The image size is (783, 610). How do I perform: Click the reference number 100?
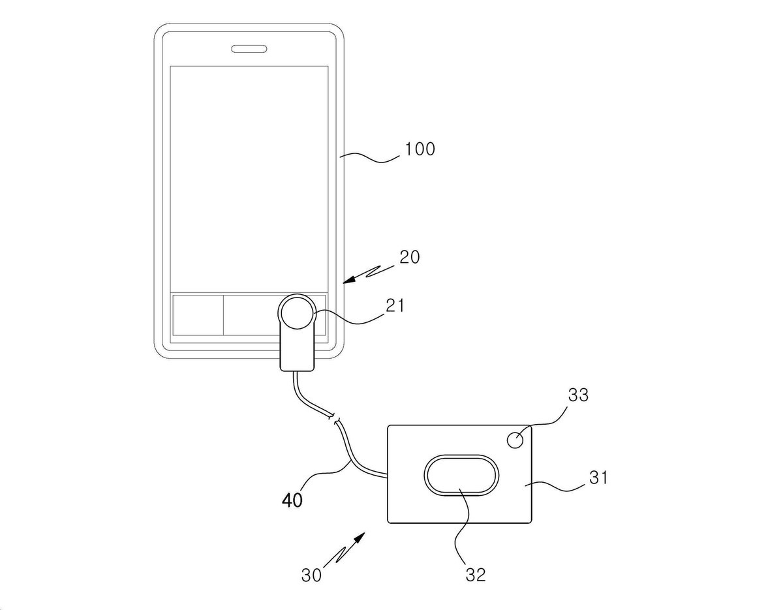coord(420,149)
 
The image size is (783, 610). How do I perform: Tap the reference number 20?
coord(409,257)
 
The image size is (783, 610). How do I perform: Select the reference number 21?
coord(395,305)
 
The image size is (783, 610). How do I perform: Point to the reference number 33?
coord(578,395)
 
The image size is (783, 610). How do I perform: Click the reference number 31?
coord(598,478)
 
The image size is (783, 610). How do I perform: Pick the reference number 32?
coord(476,575)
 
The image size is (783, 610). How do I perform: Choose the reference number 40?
coord(292,500)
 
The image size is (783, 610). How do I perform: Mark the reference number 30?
coord(311,575)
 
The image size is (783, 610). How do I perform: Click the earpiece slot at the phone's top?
coord(249,49)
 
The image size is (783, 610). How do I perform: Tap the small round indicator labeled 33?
coord(515,440)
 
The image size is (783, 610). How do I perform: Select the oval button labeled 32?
coord(461,476)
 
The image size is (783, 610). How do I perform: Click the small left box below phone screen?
coord(198,315)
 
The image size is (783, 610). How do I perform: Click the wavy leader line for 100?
coord(370,158)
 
